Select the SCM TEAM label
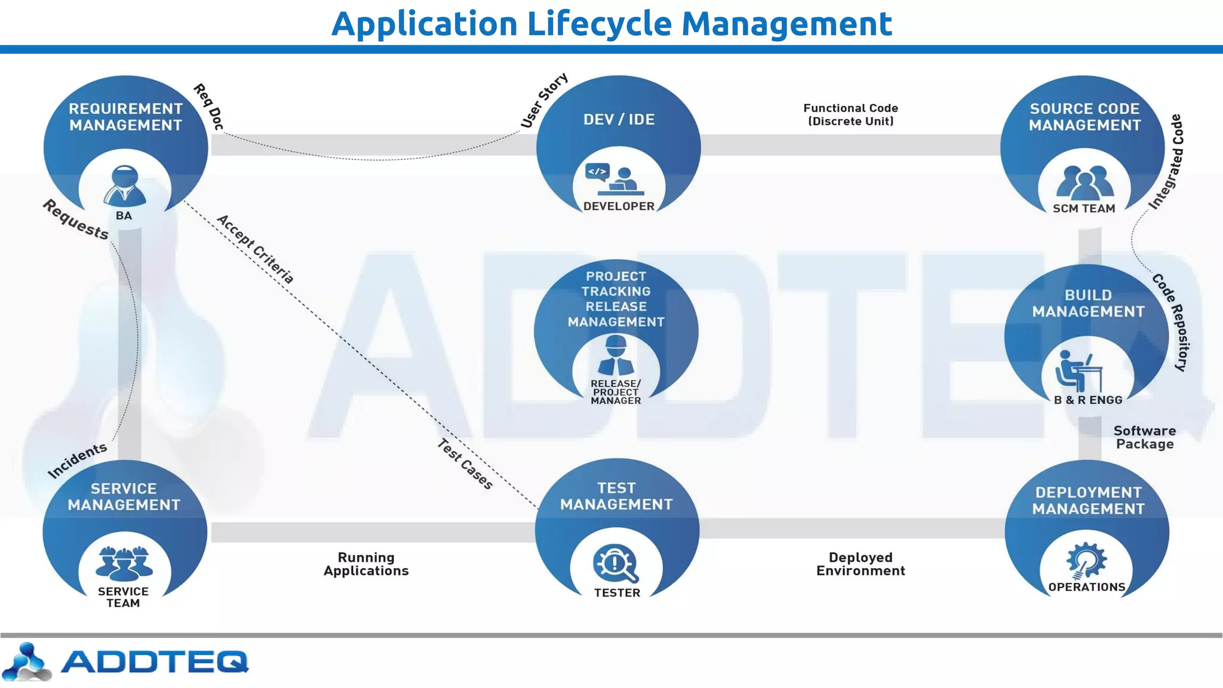pyautogui.click(x=1084, y=208)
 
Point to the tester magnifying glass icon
pyautogui.click(x=616, y=564)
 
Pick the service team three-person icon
pyautogui.click(x=124, y=563)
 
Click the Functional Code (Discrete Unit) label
pyautogui.click(x=850, y=115)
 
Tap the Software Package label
pyautogui.click(x=1144, y=437)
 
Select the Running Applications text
pyautogui.click(x=366, y=564)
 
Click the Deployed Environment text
pyautogui.click(x=861, y=564)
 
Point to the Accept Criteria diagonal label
pyautogui.click(x=255, y=249)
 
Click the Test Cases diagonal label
pyautogui.click(x=465, y=464)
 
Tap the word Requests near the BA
pyautogui.click(x=76, y=219)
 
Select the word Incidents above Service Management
pyautogui.click(x=77, y=460)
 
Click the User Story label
pyautogui.click(x=544, y=100)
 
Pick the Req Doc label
pyautogui.click(x=208, y=107)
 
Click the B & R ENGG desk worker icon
pyautogui.click(x=1078, y=371)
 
